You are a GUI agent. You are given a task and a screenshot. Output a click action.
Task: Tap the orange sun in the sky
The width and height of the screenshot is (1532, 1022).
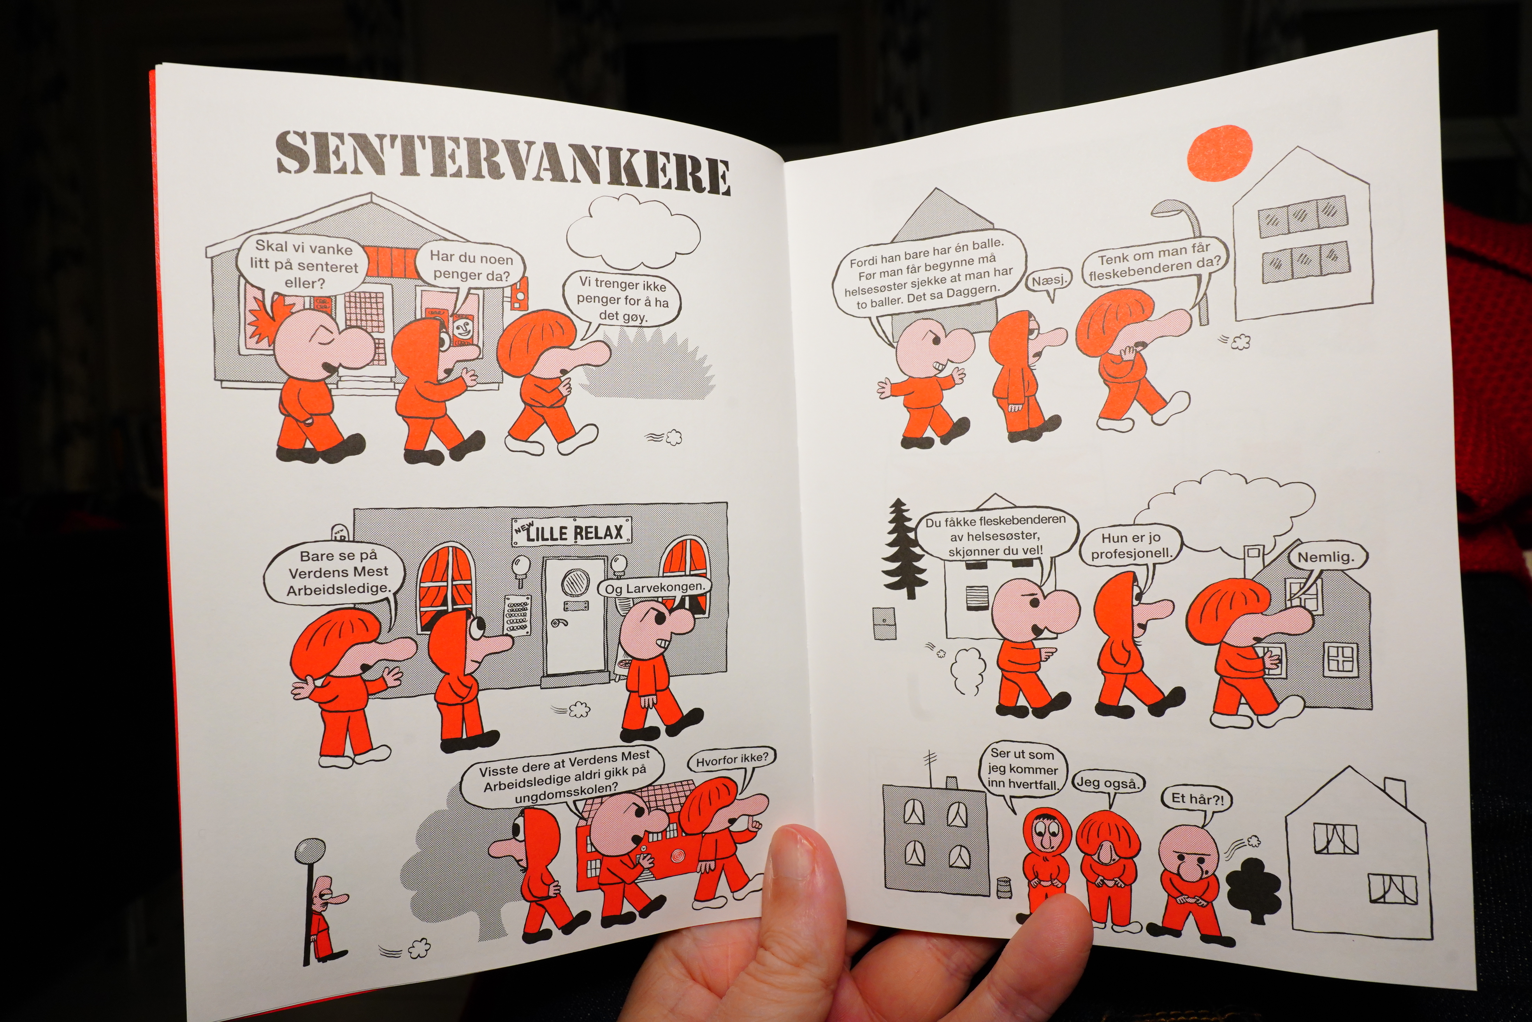point(1219,153)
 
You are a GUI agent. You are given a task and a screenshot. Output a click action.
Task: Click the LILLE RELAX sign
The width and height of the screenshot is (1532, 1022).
point(572,532)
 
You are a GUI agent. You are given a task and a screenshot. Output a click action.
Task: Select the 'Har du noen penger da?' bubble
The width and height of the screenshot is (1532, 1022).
point(471,267)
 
